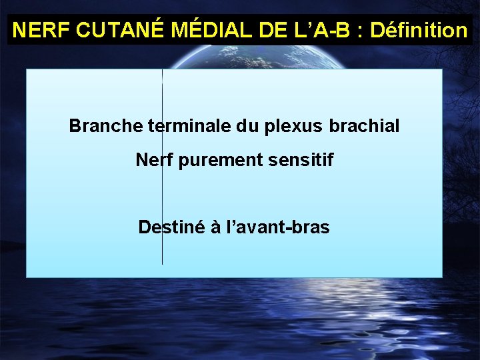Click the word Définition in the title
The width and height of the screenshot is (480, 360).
pyautogui.click(x=419, y=31)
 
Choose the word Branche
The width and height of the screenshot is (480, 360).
pyautogui.click(x=99, y=125)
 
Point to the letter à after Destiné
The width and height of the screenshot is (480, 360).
pyautogui.click(x=216, y=227)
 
